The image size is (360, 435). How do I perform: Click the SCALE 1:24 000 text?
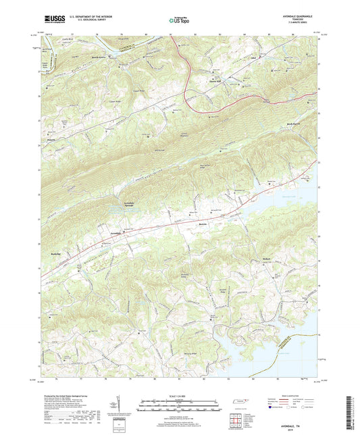180,396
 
